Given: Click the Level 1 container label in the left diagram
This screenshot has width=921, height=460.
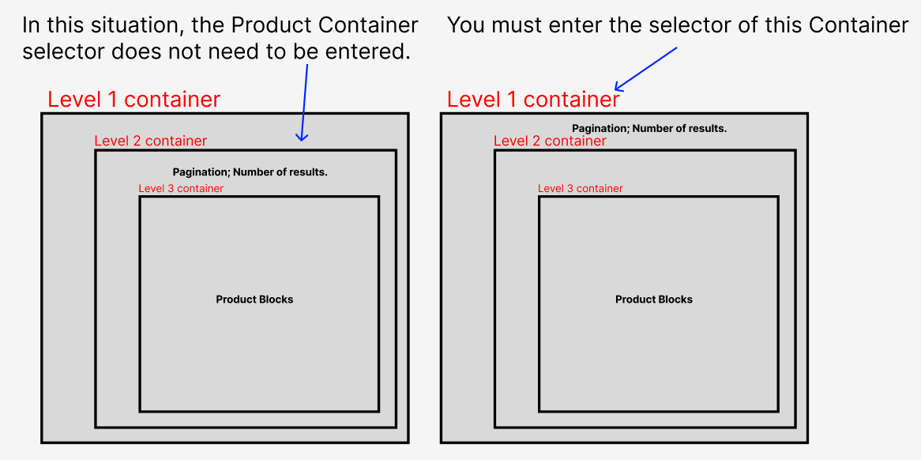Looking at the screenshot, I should [x=133, y=100].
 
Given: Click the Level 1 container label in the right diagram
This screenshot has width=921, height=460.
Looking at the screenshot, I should [x=533, y=100].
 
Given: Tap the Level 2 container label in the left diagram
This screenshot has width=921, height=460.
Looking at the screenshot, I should [x=150, y=141].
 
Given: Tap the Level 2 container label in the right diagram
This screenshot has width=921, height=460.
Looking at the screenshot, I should [x=550, y=141].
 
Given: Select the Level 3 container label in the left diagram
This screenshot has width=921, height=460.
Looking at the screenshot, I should [x=181, y=189].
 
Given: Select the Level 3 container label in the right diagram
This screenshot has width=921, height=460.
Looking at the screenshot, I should [x=581, y=189].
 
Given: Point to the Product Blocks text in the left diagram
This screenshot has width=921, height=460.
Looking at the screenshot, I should [x=254, y=300].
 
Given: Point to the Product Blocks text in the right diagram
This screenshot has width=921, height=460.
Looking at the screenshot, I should [x=654, y=300].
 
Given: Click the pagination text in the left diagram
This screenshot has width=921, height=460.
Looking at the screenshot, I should [x=250, y=172].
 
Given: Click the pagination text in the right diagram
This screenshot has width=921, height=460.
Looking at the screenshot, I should [x=649, y=129].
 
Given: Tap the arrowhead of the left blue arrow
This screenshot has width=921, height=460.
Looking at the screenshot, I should [x=302, y=138].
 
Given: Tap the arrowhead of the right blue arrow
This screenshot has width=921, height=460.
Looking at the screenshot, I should [x=618, y=88].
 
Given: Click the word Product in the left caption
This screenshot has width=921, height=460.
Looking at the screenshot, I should [x=272, y=25].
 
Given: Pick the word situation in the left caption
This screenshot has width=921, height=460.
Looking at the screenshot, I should [x=125, y=25].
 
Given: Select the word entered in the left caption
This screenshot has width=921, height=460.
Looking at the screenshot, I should [x=370, y=53].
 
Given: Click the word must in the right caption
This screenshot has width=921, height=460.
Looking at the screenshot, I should [x=513, y=25].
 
